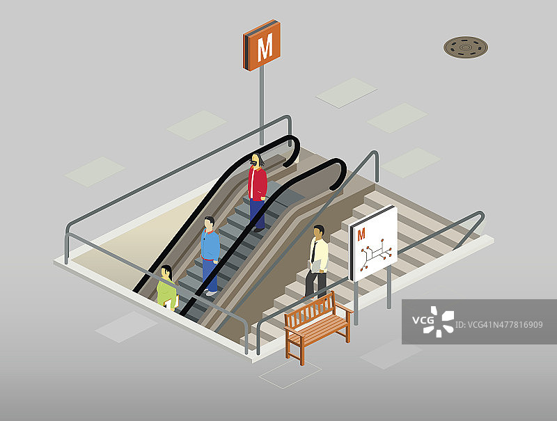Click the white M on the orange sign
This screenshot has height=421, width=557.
coord(265,47)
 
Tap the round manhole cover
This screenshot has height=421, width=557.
coord(465,47)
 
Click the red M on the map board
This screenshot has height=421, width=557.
coord(361,235)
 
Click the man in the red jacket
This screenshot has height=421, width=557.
coord(257,192)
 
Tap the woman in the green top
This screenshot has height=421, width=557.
coord(167,287)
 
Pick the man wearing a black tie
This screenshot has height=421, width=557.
coord(317,262)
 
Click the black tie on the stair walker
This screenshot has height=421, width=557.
coord(314,252)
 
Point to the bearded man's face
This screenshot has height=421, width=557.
coord(255,160)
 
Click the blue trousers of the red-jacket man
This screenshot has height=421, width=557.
coord(257,214)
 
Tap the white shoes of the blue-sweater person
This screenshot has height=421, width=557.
coord(211,292)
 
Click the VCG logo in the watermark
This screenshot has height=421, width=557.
coord(433,321)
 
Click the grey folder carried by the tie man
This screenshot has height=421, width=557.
coord(315,266)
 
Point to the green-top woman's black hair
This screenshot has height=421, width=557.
coord(167,271)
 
